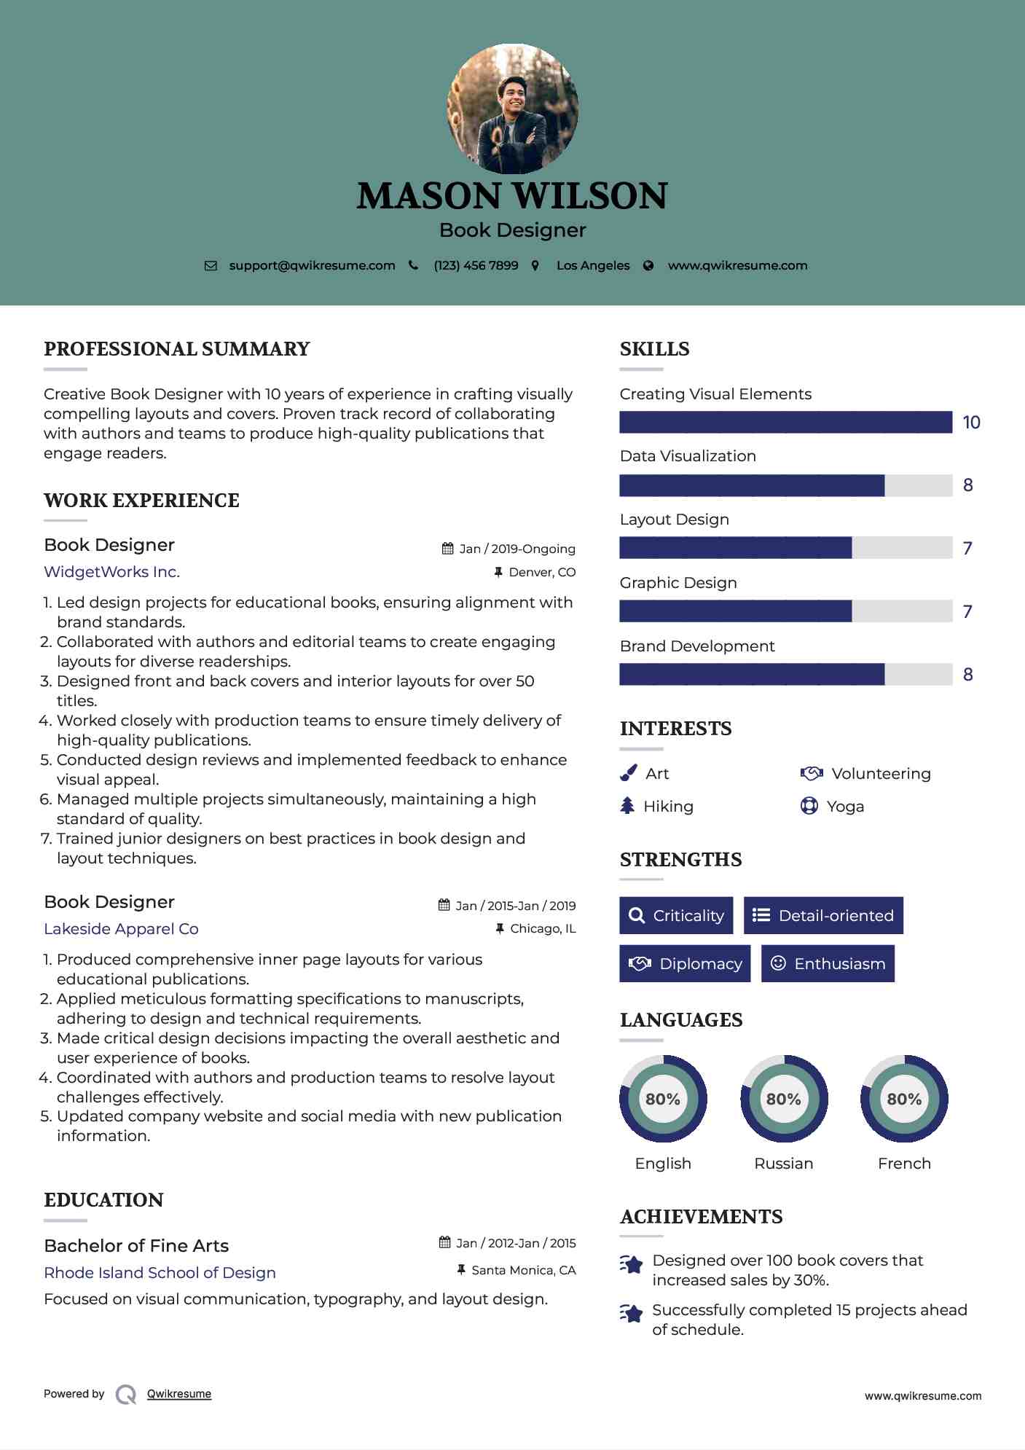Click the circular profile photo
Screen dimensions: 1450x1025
(x=512, y=109)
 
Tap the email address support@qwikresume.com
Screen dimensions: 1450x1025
(x=312, y=266)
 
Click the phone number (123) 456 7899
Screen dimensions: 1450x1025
(x=476, y=266)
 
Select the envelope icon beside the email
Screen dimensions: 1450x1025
(x=211, y=266)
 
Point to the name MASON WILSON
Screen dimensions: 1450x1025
(x=512, y=196)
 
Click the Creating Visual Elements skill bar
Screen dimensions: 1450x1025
(x=785, y=423)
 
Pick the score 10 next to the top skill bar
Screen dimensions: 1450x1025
(x=971, y=423)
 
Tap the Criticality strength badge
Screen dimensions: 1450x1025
(x=676, y=916)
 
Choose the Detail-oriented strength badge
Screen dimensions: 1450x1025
(x=823, y=916)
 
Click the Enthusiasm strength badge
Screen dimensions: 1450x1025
(x=828, y=964)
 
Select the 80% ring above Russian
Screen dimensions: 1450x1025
(x=784, y=1099)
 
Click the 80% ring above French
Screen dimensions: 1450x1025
(x=904, y=1099)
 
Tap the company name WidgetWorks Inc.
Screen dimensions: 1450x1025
(x=111, y=572)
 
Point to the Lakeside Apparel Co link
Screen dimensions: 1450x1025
(x=121, y=929)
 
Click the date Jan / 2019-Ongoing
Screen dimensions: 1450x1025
(x=517, y=549)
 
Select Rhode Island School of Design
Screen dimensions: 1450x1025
(x=160, y=1273)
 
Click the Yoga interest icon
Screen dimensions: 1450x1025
(x=809, y=806)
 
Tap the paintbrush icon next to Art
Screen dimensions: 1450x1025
(x=628, y=773)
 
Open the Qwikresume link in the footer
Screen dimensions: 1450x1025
(x=179, y=1394)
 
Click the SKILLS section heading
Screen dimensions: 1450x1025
(x=654, y=349)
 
